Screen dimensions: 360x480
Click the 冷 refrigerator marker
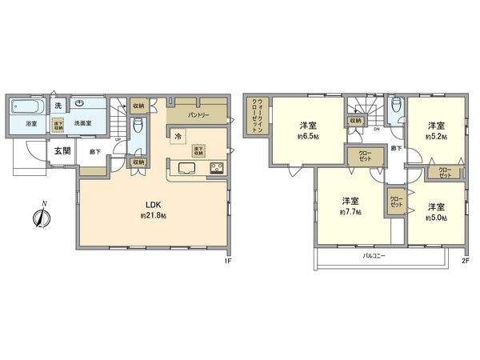pos(177,137)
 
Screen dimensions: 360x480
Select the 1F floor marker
pos(227,261)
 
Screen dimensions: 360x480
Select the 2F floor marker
pos(466,261)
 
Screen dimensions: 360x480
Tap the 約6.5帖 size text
pos(306,138)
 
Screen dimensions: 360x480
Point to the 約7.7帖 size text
pos(350,212)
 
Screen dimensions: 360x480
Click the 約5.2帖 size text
pos(435,137)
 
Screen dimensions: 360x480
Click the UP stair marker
pos(119,139)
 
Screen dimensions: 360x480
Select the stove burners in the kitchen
pos(217,167)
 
